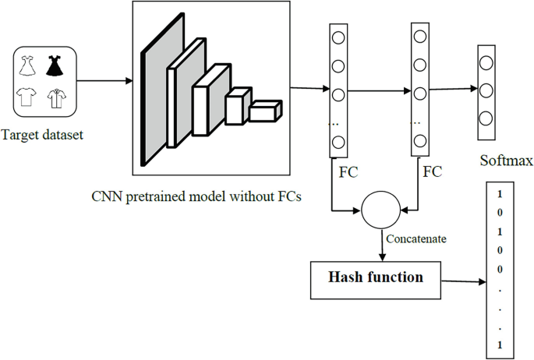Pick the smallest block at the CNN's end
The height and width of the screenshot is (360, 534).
pos(265,111)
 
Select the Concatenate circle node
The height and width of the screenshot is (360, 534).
pos(379,210)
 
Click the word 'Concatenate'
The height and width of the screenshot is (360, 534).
pos(416,239)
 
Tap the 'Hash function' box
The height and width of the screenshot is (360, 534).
pos(376,277)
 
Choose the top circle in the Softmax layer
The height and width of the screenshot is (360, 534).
pos(486,63)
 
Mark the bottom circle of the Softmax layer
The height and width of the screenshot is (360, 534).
pos(486,118)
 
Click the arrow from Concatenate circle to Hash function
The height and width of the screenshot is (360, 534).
pos(379,245)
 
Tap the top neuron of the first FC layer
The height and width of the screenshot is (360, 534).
pos(338,37)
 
